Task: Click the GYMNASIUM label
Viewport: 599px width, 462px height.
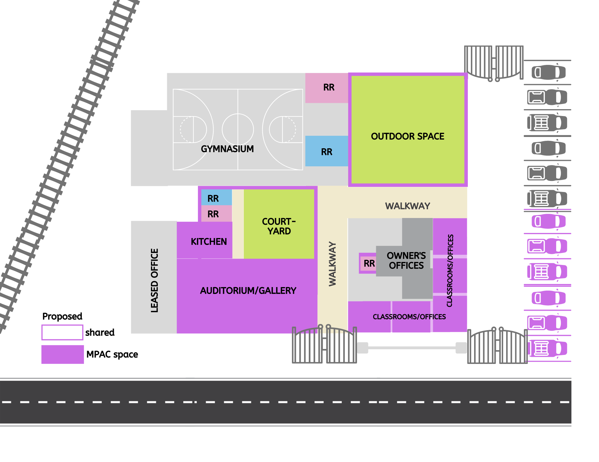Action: tap(227, 149)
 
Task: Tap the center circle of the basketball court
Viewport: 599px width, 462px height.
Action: tap(238, 129)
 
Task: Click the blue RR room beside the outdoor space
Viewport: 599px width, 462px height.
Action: tap(327, 151)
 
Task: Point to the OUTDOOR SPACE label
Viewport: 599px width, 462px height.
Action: tap(407, 136)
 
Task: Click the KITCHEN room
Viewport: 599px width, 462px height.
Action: tap(208, 241)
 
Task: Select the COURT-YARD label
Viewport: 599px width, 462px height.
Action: tap(279, 226)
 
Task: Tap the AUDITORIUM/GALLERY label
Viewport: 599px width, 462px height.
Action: tap(248, 291)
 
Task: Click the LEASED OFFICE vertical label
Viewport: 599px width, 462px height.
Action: tap(154, 280)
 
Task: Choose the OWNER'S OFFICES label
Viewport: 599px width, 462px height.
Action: tap(406, 260)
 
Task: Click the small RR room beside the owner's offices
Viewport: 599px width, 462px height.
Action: tap(369, 263)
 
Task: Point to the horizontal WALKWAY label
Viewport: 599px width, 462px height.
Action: tap(407, 206)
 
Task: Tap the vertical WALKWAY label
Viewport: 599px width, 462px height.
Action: tap(332, 264)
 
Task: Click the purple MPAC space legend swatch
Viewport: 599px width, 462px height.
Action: tap(63, 354)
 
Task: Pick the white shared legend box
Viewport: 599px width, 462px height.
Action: tap(62, 333)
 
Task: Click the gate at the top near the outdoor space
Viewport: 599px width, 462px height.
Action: tap(494, 63)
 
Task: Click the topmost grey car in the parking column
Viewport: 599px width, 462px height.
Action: tap(548, 72)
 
